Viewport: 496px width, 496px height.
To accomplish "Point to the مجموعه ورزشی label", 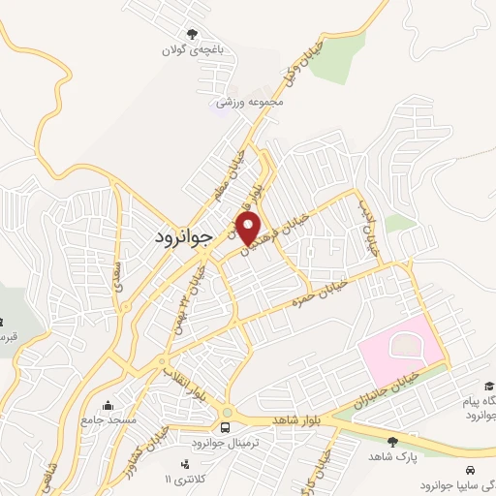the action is [x=251, y=101].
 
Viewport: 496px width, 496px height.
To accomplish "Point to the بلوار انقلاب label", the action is [x=183, y=381].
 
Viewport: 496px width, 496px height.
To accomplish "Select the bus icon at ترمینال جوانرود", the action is [x=226, y=426].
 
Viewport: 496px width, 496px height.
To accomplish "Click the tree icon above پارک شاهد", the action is [x=391, y=442].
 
